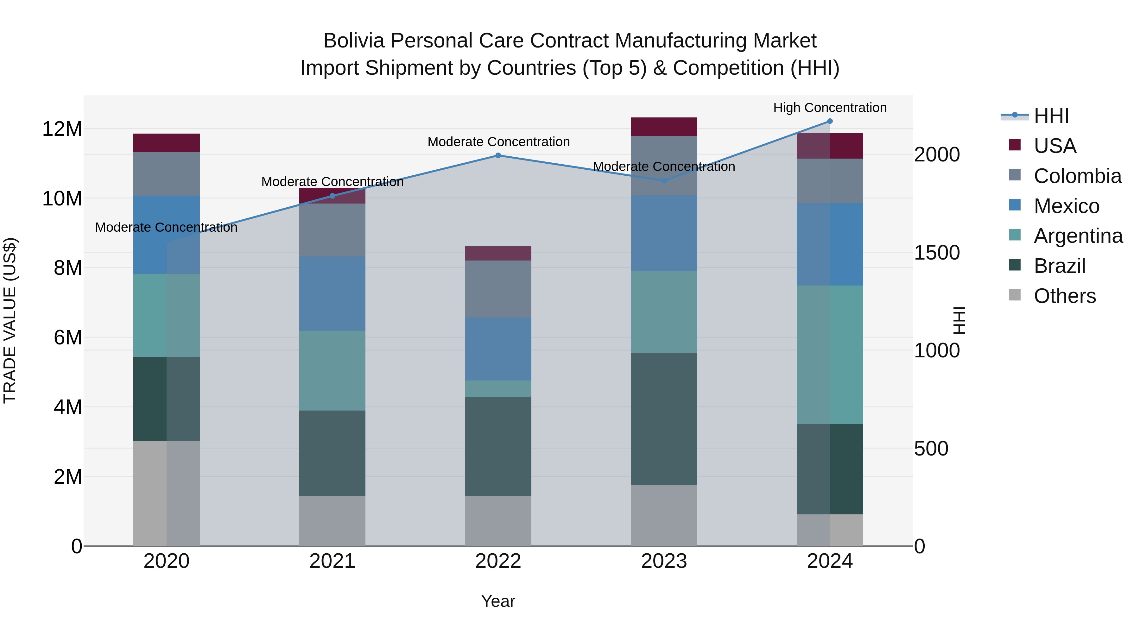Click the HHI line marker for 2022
pos(498,155)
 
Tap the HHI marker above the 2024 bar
pos(830,121)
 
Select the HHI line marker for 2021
pos(332,196)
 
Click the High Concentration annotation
pos(830,108)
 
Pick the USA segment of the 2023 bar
pos(664,127)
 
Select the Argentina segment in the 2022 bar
pos(498,389)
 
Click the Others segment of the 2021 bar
pos(332,521)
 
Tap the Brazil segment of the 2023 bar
pos(664,419)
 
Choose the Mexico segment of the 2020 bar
pos(166,235)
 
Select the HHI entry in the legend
pos(1051,116)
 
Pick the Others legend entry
pos(1064,296)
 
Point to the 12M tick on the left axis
pos(62,129)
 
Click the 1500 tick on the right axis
pos(936,253)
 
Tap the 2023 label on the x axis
pos(664,561)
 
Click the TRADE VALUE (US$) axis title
pos(10,320)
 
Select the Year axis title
pos(498,601)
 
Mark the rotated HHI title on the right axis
pos(959,320)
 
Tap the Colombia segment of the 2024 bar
pos(830,181)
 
